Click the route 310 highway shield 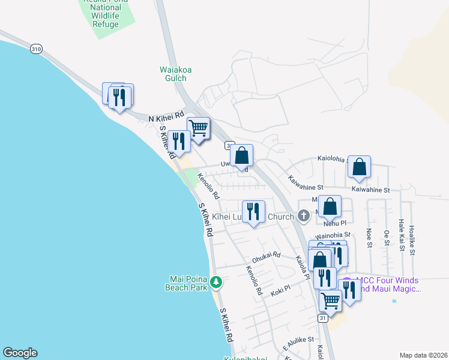coord(37,49)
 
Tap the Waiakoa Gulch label coord(175,74)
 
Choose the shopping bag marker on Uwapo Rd coord(241,156)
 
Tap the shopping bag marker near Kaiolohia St coord(359,167)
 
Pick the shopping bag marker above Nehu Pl coord(330,207)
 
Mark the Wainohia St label coord(333,235)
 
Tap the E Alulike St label coord(298,341)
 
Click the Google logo coord(20,353)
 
